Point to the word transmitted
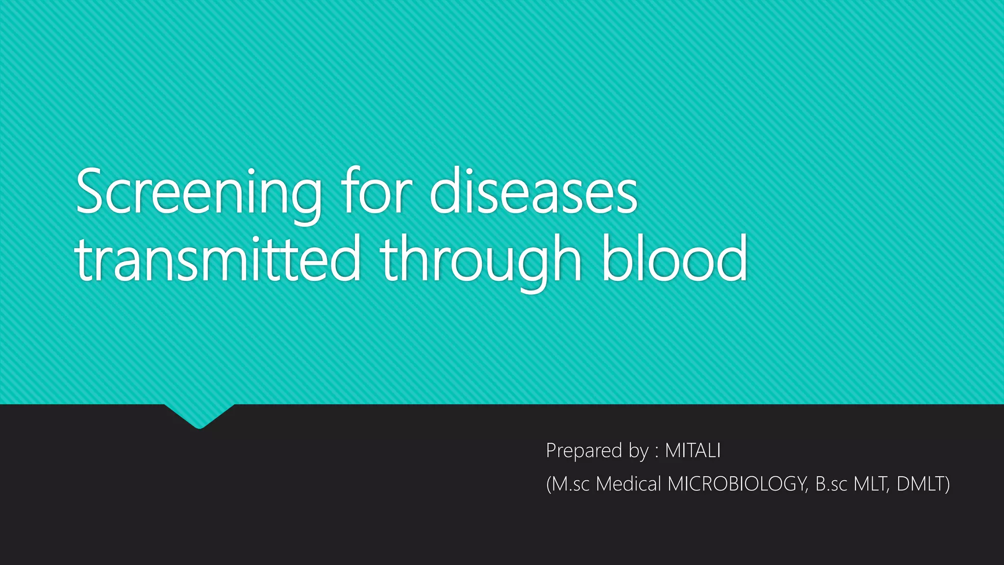(218, 258)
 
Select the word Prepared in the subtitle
(584, 451)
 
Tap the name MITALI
(693, 450)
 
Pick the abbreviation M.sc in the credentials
(571, 484)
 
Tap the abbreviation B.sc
(831, 484)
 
